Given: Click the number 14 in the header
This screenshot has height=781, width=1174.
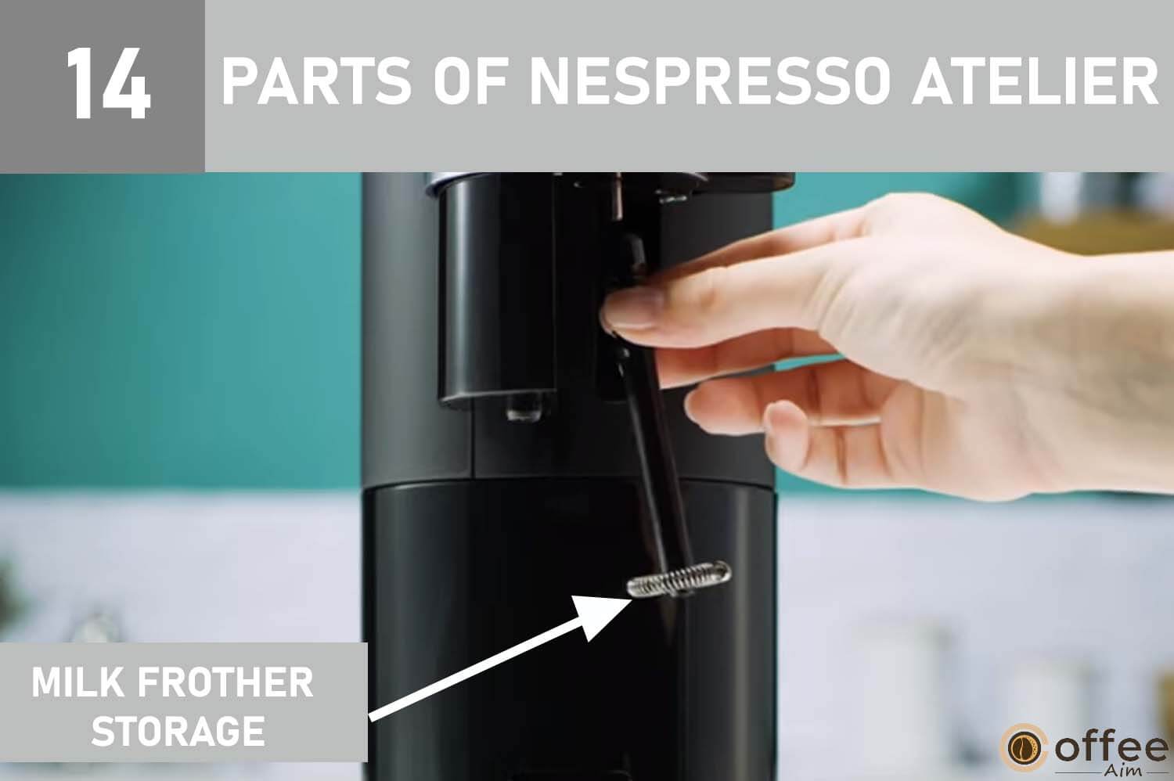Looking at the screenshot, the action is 109,84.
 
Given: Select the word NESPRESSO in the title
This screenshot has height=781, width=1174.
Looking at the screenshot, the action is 710,81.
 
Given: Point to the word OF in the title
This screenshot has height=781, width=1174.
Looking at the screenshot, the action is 470,81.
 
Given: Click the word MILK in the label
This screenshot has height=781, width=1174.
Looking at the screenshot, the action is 77,682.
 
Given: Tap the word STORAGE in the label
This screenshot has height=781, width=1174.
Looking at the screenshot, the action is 178,731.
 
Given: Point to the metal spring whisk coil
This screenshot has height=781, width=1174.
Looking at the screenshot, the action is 678,579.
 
